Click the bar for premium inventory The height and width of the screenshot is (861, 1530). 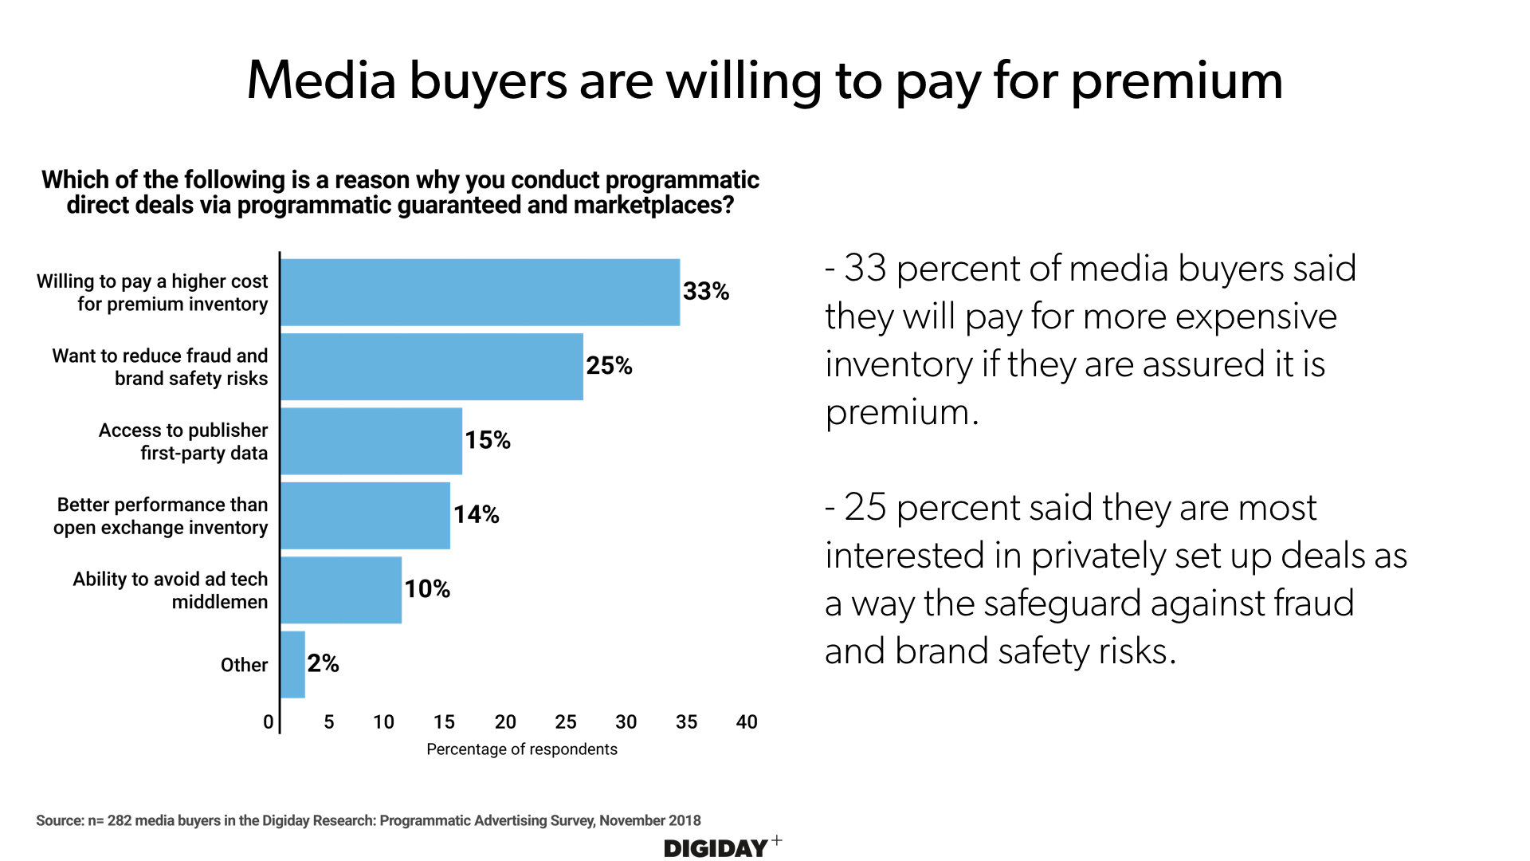(480, 293)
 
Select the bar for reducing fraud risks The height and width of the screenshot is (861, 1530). (431, 367)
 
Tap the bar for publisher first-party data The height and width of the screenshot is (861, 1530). (371, 441)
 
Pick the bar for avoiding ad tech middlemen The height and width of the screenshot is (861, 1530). (341, 590)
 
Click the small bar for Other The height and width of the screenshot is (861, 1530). (292, 664)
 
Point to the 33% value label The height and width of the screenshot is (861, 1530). (705, 292)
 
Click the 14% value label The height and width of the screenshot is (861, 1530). (476, 515)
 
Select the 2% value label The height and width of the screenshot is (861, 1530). (323, 663)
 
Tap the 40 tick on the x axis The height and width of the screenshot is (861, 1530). (747, 722)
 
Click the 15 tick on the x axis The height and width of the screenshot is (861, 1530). (444, 722)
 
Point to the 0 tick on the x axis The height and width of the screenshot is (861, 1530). (269, 722)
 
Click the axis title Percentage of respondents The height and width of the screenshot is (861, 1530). (522, 749)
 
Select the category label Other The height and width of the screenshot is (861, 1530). (244, 665)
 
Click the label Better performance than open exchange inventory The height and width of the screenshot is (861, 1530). (161, 516)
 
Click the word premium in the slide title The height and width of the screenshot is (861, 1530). (1176, 81)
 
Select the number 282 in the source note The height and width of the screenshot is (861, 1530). (120, 820)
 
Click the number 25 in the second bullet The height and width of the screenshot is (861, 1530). (865, 508)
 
